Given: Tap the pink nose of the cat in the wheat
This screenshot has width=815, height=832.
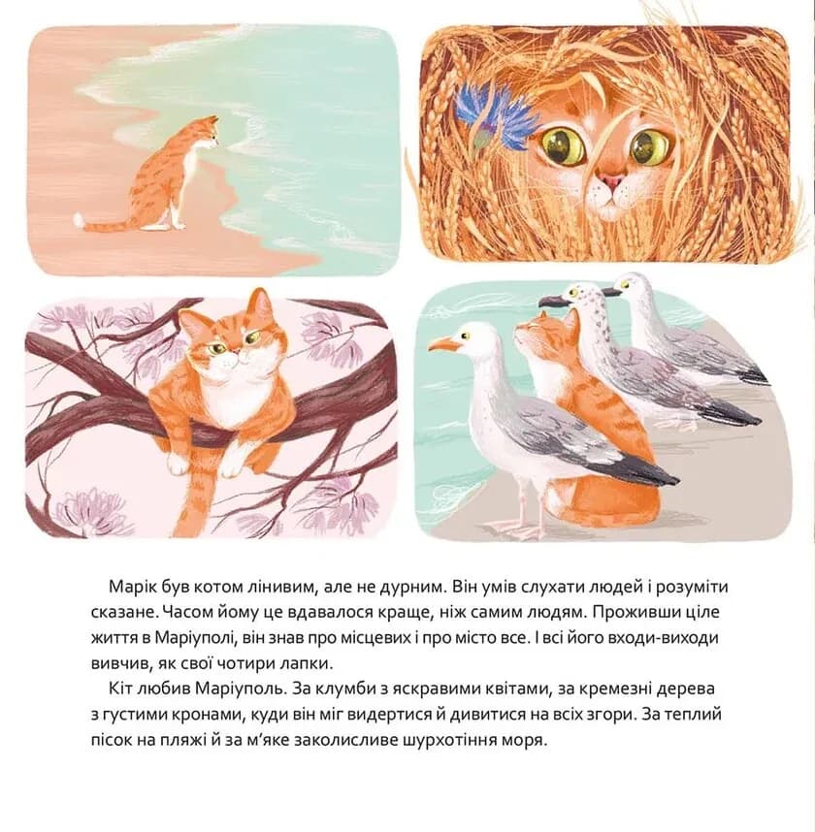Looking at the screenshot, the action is pos(611,181).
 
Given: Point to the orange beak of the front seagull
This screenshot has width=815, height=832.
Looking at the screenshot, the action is pos(441,345).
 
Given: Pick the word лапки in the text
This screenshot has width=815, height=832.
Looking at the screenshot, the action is pos(308,664).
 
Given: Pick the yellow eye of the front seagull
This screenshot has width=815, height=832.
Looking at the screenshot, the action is pos(466,336).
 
